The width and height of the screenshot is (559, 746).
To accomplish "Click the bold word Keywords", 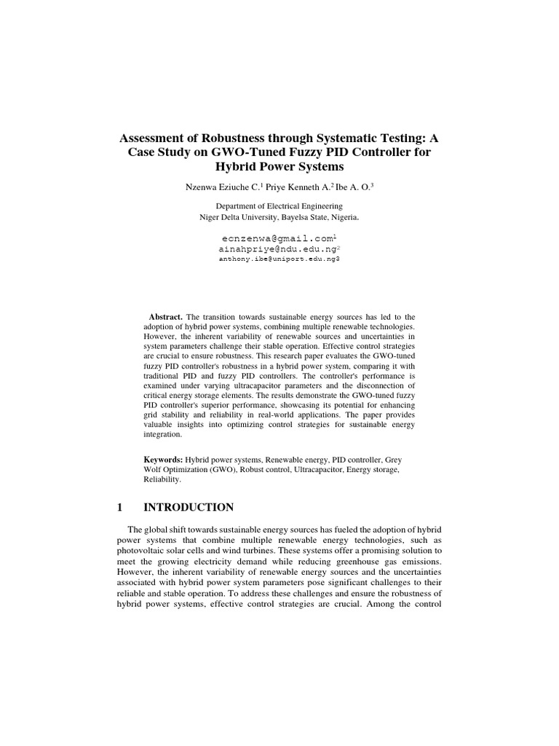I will point(163,460).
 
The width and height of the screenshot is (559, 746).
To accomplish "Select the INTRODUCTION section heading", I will point(189,507).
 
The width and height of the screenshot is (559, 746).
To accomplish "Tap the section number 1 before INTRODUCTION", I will point(119,507).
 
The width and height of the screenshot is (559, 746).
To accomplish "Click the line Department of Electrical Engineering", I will point(279,207).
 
